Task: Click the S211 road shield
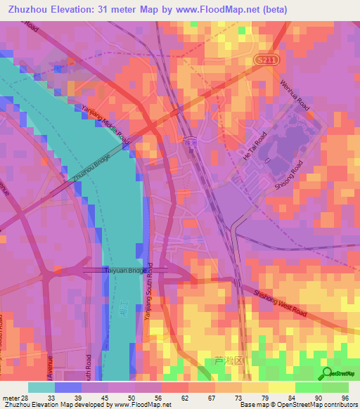[x=263, y=62]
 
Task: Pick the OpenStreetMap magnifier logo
[x=327, y=373]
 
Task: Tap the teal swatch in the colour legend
[x=41, y=387]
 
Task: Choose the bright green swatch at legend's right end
[x=335, y=387]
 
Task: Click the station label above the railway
[x=190, y=141]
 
